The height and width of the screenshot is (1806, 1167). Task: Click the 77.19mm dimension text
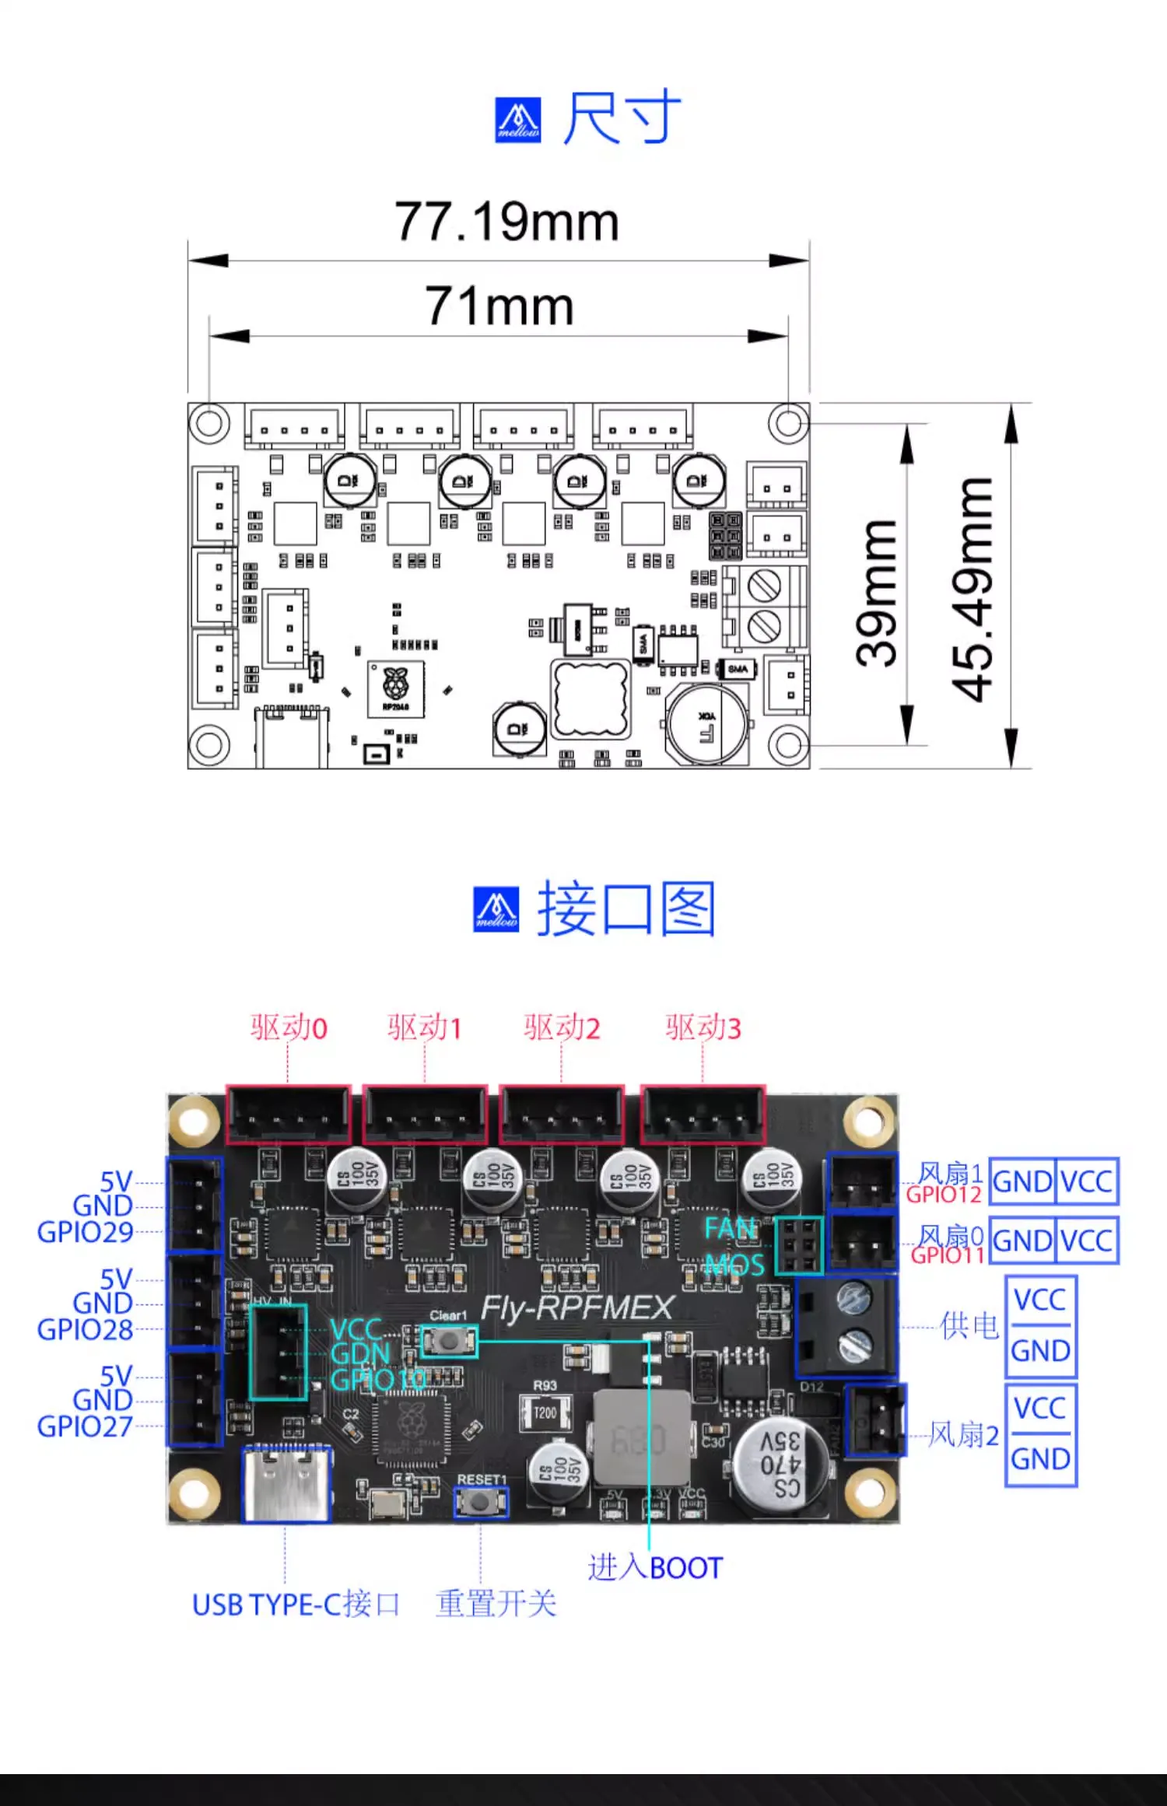coord(506,222)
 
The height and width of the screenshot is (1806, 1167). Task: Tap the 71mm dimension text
coord(499,306)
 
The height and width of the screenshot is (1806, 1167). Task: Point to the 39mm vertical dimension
coord(876,593)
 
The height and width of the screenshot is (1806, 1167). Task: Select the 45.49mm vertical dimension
coord(972,589)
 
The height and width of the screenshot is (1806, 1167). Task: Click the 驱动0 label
coord(289,1028)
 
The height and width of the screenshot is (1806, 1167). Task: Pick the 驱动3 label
coord(703,1028)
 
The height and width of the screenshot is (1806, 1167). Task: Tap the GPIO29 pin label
coord(85,1233)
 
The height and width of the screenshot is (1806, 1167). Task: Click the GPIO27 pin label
coord(85,1427)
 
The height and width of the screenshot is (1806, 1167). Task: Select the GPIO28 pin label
coord(85,1330)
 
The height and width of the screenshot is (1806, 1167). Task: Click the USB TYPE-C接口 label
coord(296,1605)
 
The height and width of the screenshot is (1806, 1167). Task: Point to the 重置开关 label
coord(496,1604)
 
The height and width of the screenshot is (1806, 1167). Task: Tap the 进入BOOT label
coord(655,1568)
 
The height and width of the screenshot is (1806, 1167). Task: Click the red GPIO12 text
coord(944,1195)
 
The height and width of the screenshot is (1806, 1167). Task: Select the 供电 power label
coord(969,1326)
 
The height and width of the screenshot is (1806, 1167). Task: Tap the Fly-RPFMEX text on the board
coord(576,1308)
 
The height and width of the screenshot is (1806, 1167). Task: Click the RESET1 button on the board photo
coord(482,1501)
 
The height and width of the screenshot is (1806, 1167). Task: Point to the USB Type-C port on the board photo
coord(286,1484)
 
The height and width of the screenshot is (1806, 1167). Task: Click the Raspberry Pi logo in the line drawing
coord(395,685)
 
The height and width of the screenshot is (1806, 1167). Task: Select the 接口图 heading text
coord(626,909)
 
